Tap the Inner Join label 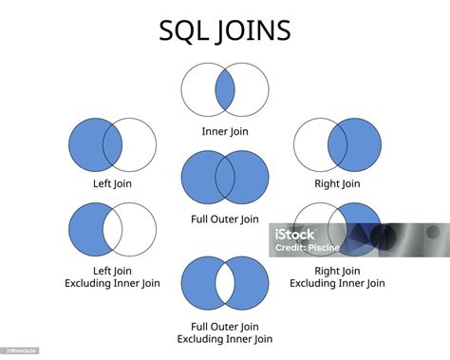[x=225, y=131]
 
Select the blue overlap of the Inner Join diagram [x=225, y=91]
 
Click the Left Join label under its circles [x=113, y=184]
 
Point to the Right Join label [x=338, y=184]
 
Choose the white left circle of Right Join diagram [x=310, y=145]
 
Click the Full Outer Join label [x=225, y=219]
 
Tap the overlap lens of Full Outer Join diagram [x=225, y=177]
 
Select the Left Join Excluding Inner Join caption [x=113, y=275]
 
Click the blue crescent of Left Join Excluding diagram [x=85, y=230]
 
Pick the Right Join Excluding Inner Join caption [x=337, y=275]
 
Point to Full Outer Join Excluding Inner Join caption [x=225, y=332]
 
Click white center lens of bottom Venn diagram [x=225, y=284]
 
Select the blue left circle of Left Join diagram [x=86, y=145]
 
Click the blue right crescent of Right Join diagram [x=365, y=145]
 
